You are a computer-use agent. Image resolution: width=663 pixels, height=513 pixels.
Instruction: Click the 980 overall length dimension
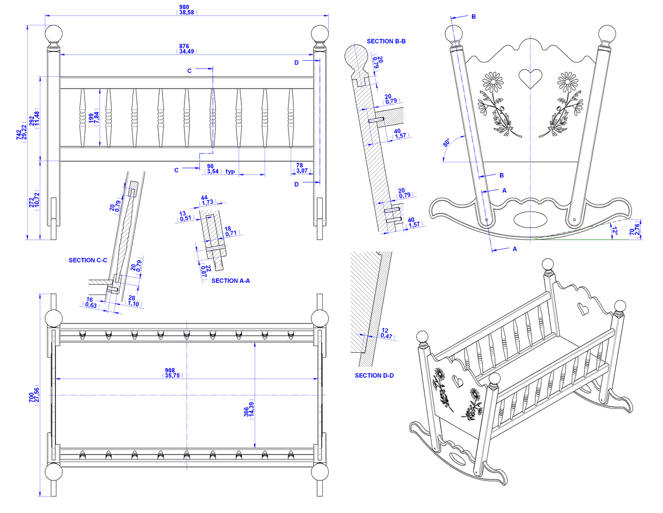coord(186,9)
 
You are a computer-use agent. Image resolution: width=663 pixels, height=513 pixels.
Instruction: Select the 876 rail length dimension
coord(186,49)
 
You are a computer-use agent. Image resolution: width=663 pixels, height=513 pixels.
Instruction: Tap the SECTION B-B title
coord(386,41)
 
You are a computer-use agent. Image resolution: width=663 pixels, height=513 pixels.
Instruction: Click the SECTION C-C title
coord(88,260)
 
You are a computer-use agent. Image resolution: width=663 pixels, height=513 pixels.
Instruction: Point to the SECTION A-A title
coord(230,281)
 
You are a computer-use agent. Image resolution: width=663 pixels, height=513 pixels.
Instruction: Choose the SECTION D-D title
coord(374,376)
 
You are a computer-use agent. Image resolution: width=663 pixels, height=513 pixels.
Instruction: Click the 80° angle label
coord(446,142)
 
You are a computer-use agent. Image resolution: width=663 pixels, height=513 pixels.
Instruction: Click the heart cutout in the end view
coord(530,78)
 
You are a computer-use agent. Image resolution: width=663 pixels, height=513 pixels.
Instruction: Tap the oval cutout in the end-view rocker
coord(530,219)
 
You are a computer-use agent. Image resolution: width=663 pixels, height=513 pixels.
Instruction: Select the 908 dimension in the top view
coord(172,373)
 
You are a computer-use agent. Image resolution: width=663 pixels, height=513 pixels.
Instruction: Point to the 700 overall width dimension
coord(34,395)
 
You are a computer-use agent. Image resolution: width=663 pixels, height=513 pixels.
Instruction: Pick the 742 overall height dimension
coord(22,132)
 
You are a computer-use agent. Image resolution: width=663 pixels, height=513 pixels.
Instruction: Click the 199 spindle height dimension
coord(94,118)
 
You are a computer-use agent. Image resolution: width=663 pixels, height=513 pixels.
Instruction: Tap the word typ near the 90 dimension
coord(230,171)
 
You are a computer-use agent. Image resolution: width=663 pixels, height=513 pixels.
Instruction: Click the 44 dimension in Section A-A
coord(208,200)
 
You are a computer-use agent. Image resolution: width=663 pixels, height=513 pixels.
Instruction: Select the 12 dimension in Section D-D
coord(386,333)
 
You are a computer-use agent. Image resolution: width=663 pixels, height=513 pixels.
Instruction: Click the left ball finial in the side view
coord(54,34)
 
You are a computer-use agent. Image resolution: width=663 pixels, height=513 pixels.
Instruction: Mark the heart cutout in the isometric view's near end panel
coord(457,380)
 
